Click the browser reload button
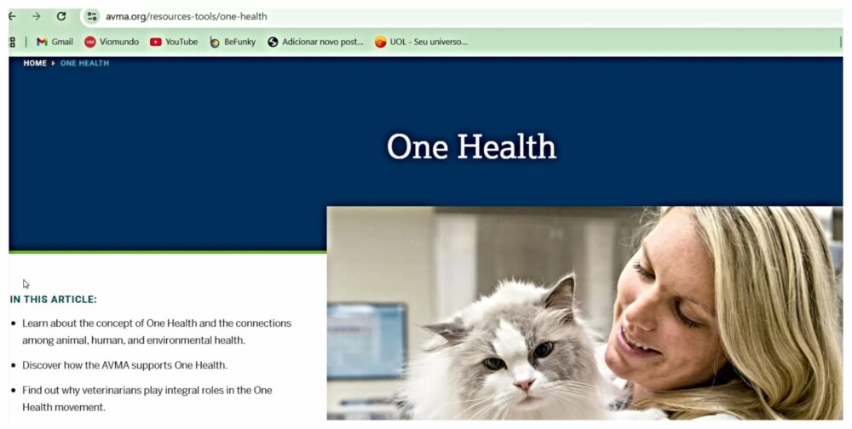point(61,16)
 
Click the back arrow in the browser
point(12,16)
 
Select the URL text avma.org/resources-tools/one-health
point(187,16)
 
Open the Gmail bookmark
point(55,42)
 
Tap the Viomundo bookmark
point(112,42)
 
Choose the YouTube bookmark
point(174,42)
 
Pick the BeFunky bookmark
point(233,42)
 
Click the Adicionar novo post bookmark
point(316,42)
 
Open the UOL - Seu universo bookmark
point(421,42)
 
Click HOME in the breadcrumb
point(35,63)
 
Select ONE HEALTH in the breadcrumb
point(84,63)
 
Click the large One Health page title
point(472,146)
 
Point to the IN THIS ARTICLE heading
point(53,300)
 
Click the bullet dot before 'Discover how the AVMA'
point(14,365)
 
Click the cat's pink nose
point(524,385)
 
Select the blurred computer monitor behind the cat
point(366,340)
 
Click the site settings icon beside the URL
point(92,16)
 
